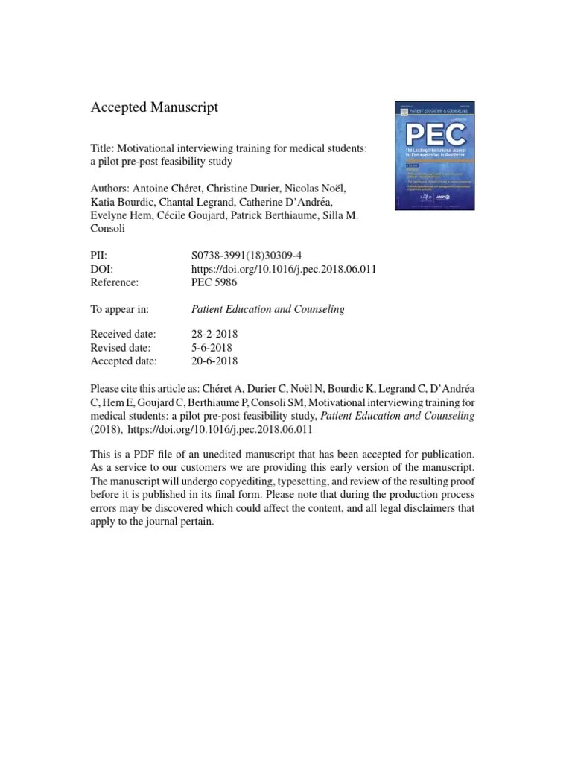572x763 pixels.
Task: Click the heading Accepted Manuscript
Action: click(x=154, y=108)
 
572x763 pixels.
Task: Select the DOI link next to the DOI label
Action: click(x=284, y=269)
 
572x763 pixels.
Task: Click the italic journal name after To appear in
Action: click(x=268, y=309)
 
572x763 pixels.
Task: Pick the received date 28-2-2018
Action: click(x=214, y=335)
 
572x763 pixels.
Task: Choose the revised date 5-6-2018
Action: click(x=212, y=348)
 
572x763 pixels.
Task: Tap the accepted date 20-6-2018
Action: click(x=214, y=361)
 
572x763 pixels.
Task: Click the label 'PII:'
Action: click(x=99, y=256)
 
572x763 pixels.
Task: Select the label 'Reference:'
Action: click(x=115, y=282)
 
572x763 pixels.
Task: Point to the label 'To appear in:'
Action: click(x=120, y=309)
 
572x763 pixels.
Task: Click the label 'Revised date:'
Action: click(x=120, y=348)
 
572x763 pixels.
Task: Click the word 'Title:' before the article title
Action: click(x=103, y=148)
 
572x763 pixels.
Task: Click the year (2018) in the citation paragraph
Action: click(x=106, y=429)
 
